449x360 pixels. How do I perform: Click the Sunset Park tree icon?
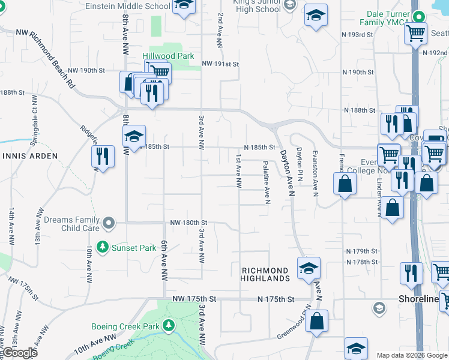[x=103, y=247]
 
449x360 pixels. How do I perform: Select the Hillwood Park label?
[x=168, y=56]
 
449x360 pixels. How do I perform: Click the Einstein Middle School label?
[x=128, y=6]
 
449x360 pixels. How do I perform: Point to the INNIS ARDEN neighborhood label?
[x=29, y=156]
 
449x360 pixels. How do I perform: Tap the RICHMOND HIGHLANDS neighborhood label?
[x=266, y=275]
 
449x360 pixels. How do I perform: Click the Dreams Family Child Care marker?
[x=108, y=223]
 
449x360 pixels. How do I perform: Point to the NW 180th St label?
[x=188, y=223]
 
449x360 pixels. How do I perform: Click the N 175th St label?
[x=276, y=299]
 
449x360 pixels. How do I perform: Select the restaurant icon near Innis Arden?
[x=102, y=157]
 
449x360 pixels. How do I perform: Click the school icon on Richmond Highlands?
[x=309, y=268]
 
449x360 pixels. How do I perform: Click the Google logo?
[x=19, y=352]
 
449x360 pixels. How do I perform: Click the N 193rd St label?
[x=358, y=35]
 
